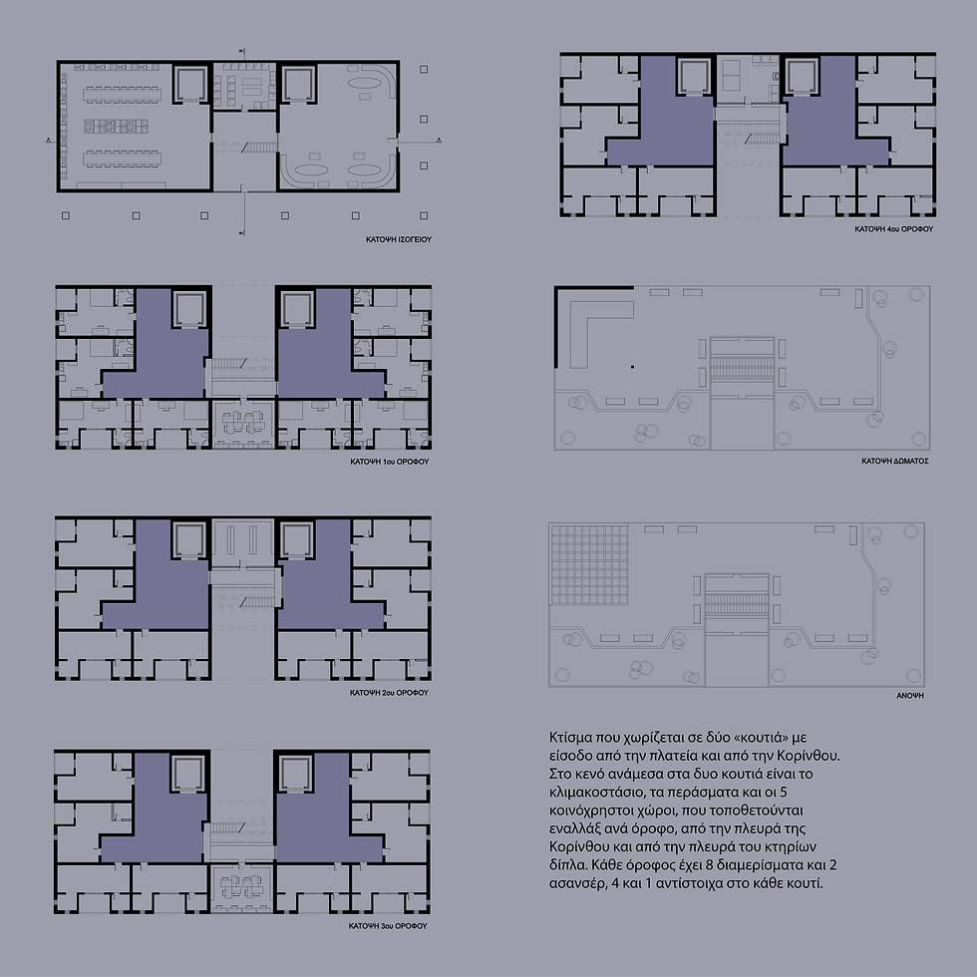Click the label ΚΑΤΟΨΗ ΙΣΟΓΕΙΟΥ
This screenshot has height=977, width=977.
[399, 239]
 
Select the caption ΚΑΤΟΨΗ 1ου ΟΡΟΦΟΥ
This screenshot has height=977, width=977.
[390, 462]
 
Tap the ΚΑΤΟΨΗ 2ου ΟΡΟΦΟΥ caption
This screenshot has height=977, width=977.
[390, 693]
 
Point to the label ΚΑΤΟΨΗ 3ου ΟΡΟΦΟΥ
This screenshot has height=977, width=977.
[388, 926]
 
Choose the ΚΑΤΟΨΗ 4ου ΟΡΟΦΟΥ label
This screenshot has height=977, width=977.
[894, 229]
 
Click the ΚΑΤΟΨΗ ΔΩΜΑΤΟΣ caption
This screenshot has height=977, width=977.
[895, 461]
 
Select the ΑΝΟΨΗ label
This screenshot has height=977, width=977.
[910, 696]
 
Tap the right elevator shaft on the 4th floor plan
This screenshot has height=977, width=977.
[801, 78]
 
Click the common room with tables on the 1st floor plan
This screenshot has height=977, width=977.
[243, 423]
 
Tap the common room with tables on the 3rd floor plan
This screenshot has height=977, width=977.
[242, 888]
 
